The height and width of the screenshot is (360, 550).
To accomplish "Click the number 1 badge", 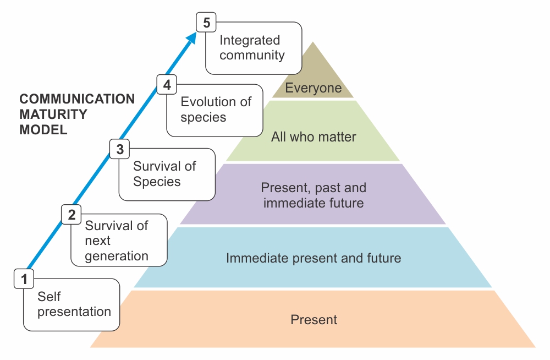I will point(24,279).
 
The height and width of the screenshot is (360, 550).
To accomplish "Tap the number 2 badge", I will point(71,214).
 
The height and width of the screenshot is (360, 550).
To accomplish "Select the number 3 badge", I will point(119,149).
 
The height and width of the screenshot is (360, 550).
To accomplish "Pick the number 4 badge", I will point(167,85).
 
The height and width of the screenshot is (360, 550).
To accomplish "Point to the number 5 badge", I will point(206,23).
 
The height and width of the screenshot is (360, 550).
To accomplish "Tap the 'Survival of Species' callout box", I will point(167,174).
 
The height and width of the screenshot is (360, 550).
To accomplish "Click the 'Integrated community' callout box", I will point(254,48).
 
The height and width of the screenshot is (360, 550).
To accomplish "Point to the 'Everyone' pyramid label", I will point(313,88).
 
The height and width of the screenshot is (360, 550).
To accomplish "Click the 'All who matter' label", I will point(313,137).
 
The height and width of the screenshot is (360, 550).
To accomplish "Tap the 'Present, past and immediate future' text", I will point(313,195).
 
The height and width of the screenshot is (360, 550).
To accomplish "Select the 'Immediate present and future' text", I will point(313,258).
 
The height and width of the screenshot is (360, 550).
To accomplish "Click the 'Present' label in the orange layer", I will point(313,319).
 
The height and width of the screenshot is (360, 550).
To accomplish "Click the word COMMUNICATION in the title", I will point(77,99).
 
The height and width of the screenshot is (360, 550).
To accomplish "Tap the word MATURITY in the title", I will point(53,114).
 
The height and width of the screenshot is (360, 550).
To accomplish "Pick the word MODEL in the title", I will point(43,130).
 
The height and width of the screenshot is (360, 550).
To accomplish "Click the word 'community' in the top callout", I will point(252,55).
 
